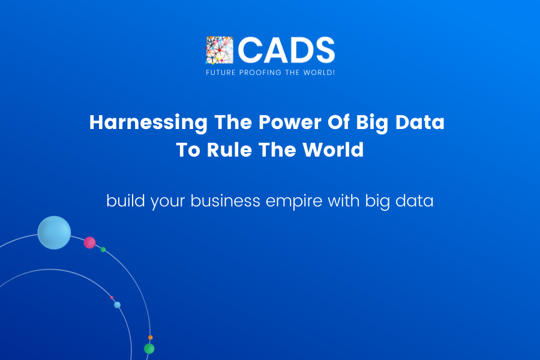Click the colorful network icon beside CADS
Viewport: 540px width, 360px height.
tap(219, 50)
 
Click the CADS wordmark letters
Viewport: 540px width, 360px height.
tap(287, 50)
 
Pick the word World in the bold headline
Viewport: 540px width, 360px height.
tap(334, 149)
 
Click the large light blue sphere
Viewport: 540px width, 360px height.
tap(54, 232)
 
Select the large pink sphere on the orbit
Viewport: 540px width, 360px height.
tap(89, 242)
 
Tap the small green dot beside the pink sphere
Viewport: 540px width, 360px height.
tap(103, 250)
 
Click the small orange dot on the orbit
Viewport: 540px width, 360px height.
tap(150, 338)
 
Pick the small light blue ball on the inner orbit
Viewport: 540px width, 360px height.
tap(117, 305)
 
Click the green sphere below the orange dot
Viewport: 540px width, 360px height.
tap(149, 349)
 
